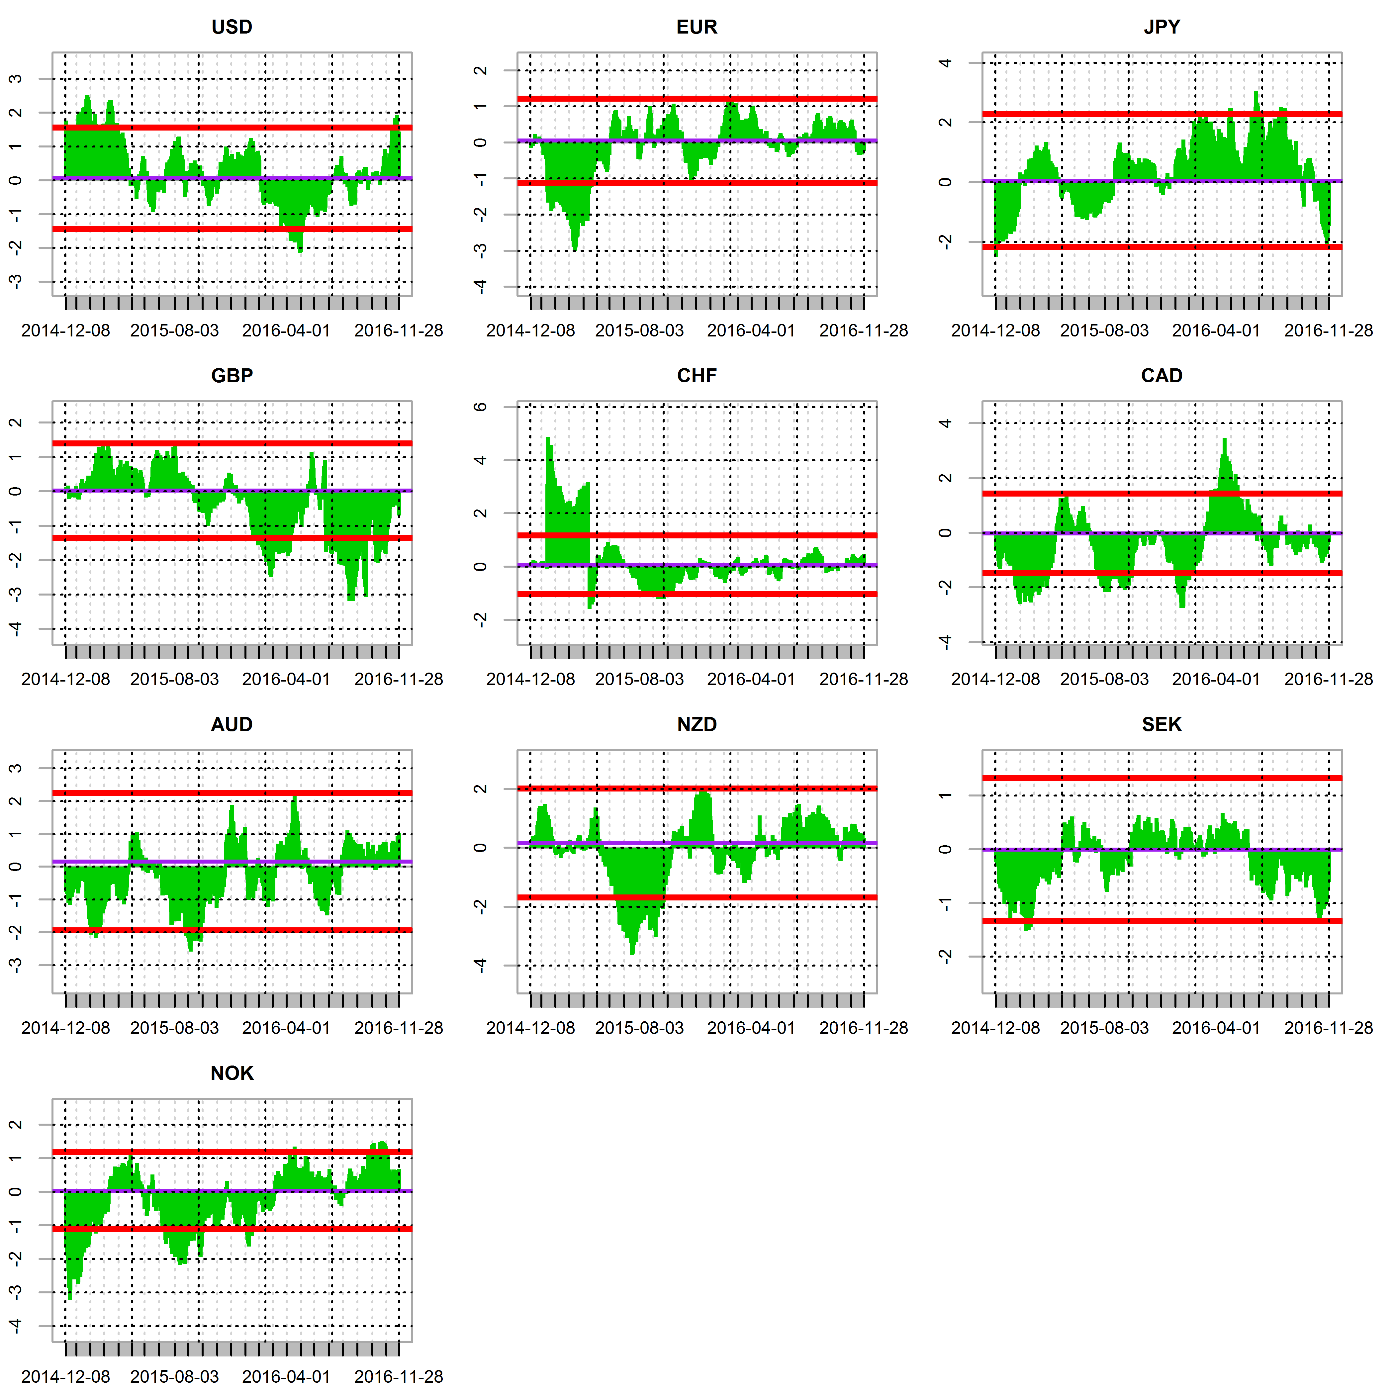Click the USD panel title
[x=232, y=28]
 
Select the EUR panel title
[x=697, y=28]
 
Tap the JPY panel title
[x=1162, y=28]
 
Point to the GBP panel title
[x=232, y=376]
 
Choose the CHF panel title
[x=697, y=376]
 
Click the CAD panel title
[x=1162, y=376]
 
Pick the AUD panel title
[x=232, y=725]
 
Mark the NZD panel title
[x=697, y=725]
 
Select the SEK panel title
[x=1162, y=725]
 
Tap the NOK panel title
[x=232, y=1074]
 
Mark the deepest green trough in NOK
[x=69, y=1298]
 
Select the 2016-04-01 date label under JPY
[x=1216, y=331]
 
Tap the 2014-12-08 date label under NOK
[x=66, y=1377]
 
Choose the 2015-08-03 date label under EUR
[x=639, y=331]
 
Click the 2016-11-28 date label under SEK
[x=1328, y=1028]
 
